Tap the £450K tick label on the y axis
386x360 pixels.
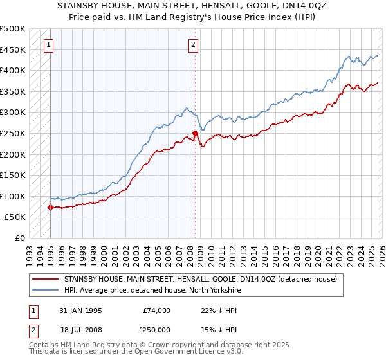point(13,50)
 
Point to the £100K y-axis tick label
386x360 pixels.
point(13,196)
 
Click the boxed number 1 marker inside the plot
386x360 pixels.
point(50,45)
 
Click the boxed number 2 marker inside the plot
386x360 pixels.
point(194,45)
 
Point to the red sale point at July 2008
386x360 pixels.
point(195,133)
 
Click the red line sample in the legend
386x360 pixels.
point(45,279)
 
